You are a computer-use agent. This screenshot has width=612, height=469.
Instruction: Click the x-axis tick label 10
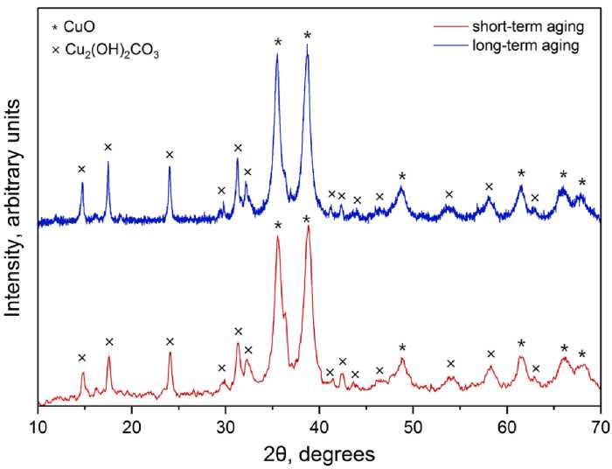pyautogui.click(x=38, y=426)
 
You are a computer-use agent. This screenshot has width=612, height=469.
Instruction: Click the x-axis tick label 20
pyautogui.click(x=132, y=426)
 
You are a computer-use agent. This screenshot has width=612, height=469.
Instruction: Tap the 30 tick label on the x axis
pyautogui.click(x=226, y=426)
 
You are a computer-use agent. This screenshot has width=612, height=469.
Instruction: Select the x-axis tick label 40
pyautogui.click(x=319, y=426)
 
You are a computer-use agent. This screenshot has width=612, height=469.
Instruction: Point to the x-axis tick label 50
pyautogui.click(x=413, y=426)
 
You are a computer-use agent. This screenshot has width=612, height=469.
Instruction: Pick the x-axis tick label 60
pyautogui.click(x=506, y=426)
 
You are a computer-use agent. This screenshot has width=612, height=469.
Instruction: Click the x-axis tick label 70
pyautogui.click(x=600, y=426)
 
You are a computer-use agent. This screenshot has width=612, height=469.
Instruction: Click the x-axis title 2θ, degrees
pyautogui.click(x=319, y=454)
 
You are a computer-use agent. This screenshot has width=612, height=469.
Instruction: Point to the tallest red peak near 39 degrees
pyautogui.click(x=308, y=227)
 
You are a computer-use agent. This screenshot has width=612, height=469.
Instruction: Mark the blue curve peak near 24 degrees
pyautogui.click(x=170, y=167)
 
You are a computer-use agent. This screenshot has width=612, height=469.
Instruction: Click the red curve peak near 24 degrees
pyautogui.click(x=170, y=353)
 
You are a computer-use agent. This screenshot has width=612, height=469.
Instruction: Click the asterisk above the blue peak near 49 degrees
pyautogui.click(x=402, y=177)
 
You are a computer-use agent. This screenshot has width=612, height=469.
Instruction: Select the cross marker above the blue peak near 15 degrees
pyautogui.click(x=81, y=170)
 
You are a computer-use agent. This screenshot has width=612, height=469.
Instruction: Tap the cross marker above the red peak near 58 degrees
pyautogui.click(x=490, y=353)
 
